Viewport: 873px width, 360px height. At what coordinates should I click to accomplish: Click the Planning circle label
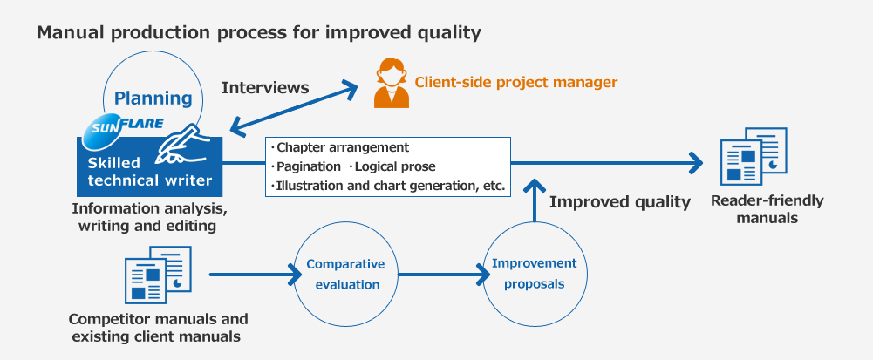pyautogui.click(x=153, y=98)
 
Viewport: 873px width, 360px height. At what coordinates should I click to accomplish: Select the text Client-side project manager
pyautogui.click(x=516, y=82)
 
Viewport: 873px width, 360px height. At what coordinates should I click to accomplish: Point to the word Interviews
pyautogui.click(x=265, y=88)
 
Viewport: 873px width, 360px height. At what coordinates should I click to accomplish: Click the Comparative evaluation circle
pyautogui.click(x=345, y=275)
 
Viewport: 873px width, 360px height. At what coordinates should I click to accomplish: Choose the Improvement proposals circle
pyautogui.click(x=535, y=274)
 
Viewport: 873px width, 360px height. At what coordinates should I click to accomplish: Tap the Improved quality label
pyautogui.click(x=620, y=202)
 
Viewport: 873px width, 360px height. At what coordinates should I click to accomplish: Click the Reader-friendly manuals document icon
pyautogui.click(x=754, y=156)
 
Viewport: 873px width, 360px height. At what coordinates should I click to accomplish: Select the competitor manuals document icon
pyautogui.click(x=158, y=275)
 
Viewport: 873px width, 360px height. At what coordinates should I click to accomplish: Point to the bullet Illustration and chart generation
pyautogui.click(x=388, y=187)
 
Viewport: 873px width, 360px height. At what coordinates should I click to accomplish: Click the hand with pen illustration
pyautogui.click(x=178, y=143)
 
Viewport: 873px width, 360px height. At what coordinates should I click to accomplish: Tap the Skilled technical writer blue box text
pyautogui.click(x=150, y=172)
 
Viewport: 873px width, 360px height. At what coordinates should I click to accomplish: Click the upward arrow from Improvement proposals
pyautogui.click(x=535, y=200)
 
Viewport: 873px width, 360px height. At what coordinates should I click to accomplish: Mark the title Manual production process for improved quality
pyautogui.click(x=259, y=33)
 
